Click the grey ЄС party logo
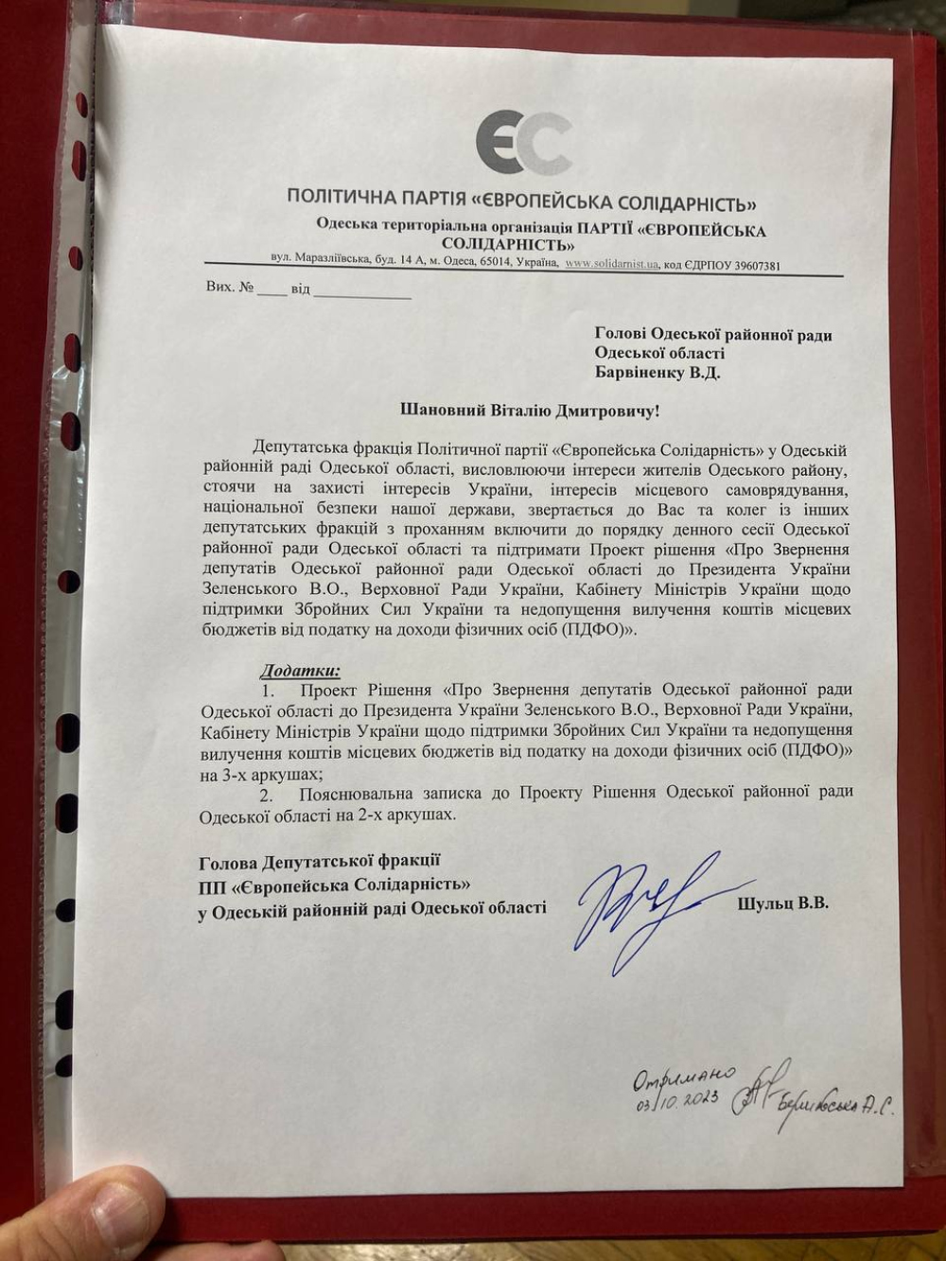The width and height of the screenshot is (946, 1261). point(523,143)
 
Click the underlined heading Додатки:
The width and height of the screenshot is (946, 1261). point(301,671)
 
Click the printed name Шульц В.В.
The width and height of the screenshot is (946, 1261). point(782,903)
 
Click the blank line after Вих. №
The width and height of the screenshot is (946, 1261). point(272,290)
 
